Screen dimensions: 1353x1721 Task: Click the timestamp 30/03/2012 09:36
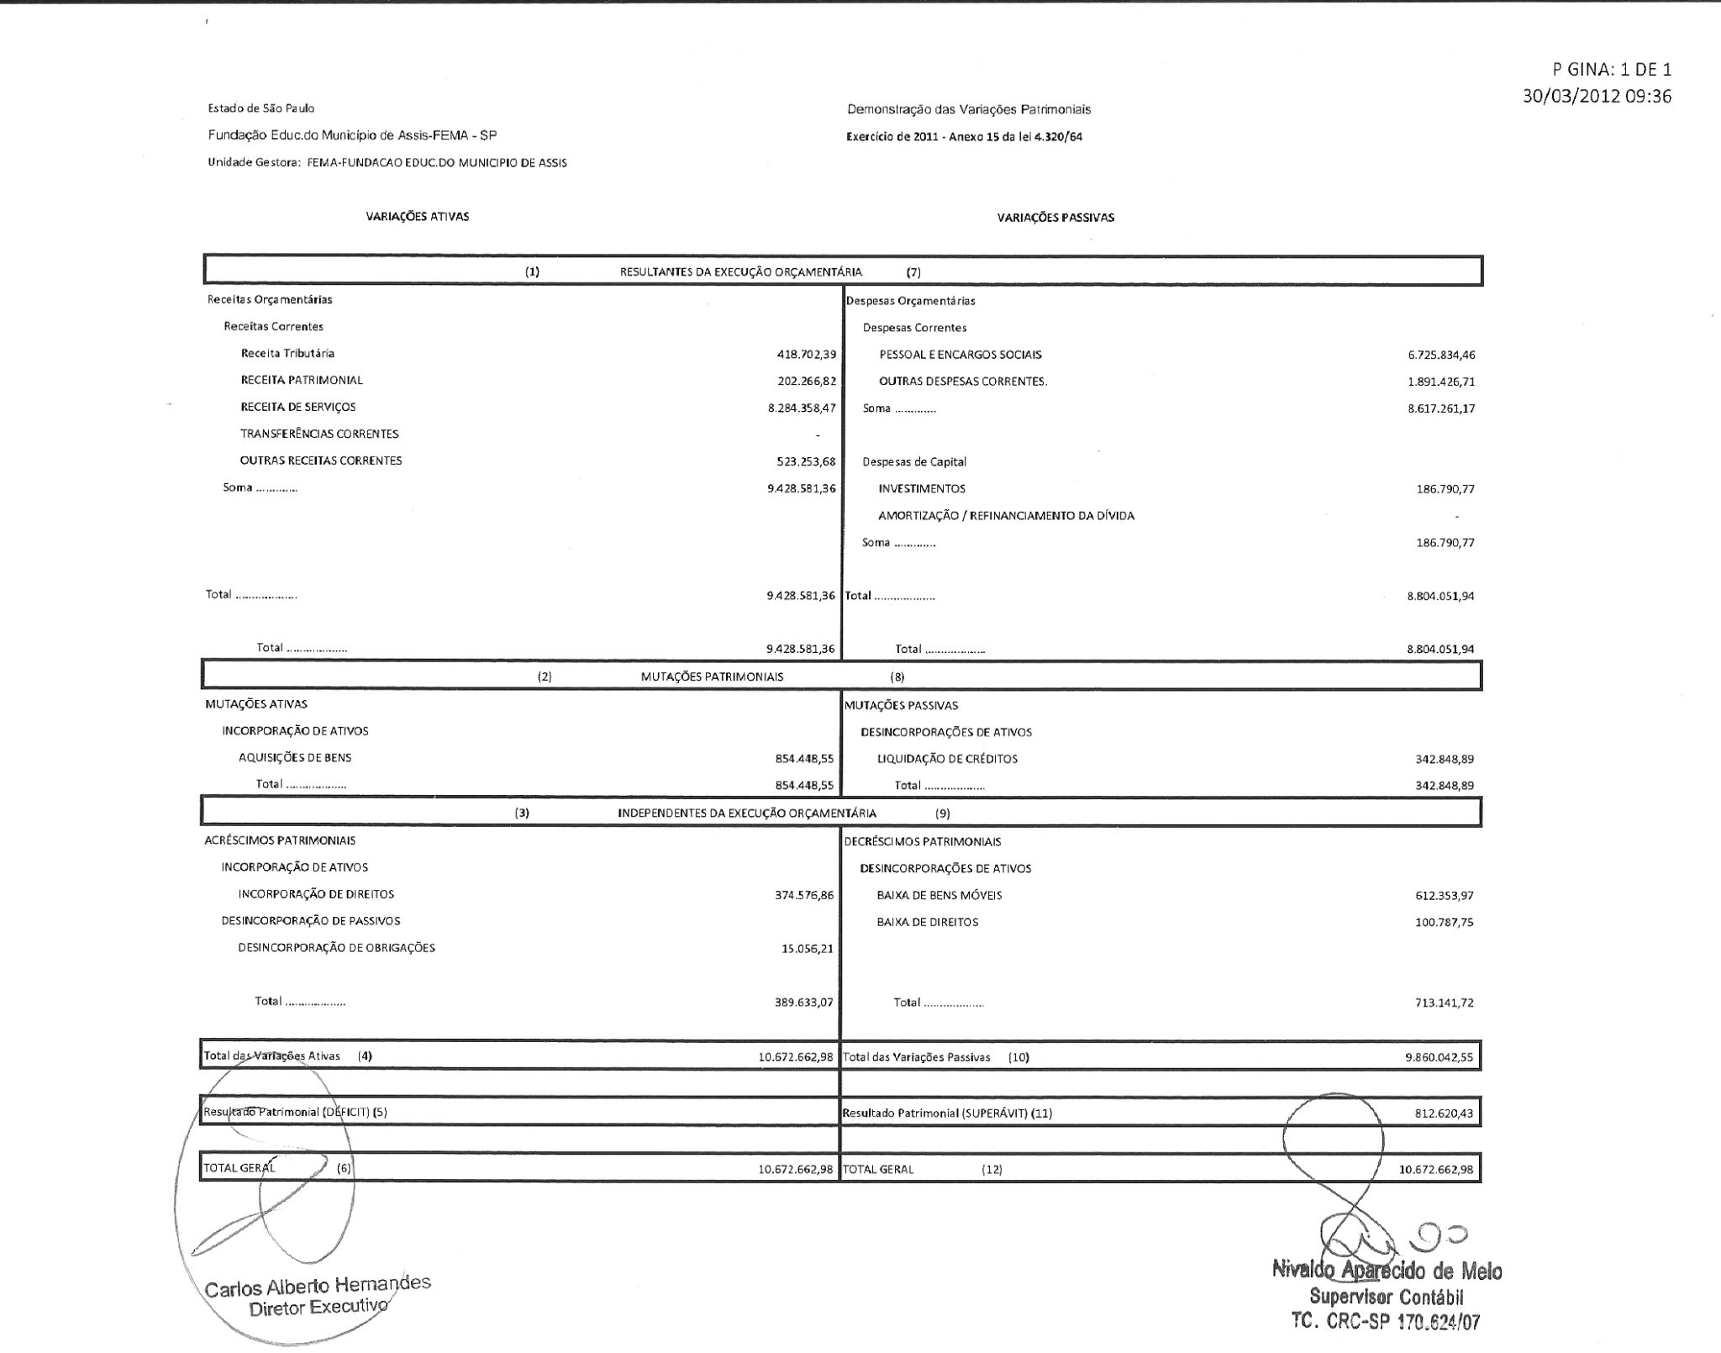(1597, 96)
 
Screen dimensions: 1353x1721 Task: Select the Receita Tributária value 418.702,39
(806, 354)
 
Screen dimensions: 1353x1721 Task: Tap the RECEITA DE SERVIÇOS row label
(297, 407)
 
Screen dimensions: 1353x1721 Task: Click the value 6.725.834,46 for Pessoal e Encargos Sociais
(1441, 355)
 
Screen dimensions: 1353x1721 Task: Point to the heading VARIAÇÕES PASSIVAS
(1055, 218)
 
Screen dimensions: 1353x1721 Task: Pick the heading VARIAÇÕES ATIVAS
(417, 217)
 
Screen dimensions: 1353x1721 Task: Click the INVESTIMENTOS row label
(922, 488)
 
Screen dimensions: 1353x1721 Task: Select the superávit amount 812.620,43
(1444, 1113)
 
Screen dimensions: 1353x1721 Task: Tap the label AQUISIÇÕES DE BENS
(295, 757)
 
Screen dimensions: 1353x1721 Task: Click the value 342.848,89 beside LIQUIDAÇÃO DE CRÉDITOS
(1445, 759)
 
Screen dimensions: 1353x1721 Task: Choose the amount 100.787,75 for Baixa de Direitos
(1444, 922)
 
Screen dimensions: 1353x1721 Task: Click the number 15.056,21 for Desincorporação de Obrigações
(807, 948)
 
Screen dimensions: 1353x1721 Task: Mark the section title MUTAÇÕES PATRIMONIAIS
(712, 676)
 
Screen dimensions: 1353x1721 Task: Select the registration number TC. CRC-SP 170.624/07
(1386, 1322)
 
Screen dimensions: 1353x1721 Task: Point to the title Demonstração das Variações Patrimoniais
(969, 109)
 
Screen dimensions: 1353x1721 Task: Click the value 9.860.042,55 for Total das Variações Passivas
(1439, 1057)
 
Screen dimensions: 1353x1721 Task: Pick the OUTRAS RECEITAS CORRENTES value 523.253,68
(806, 461)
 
